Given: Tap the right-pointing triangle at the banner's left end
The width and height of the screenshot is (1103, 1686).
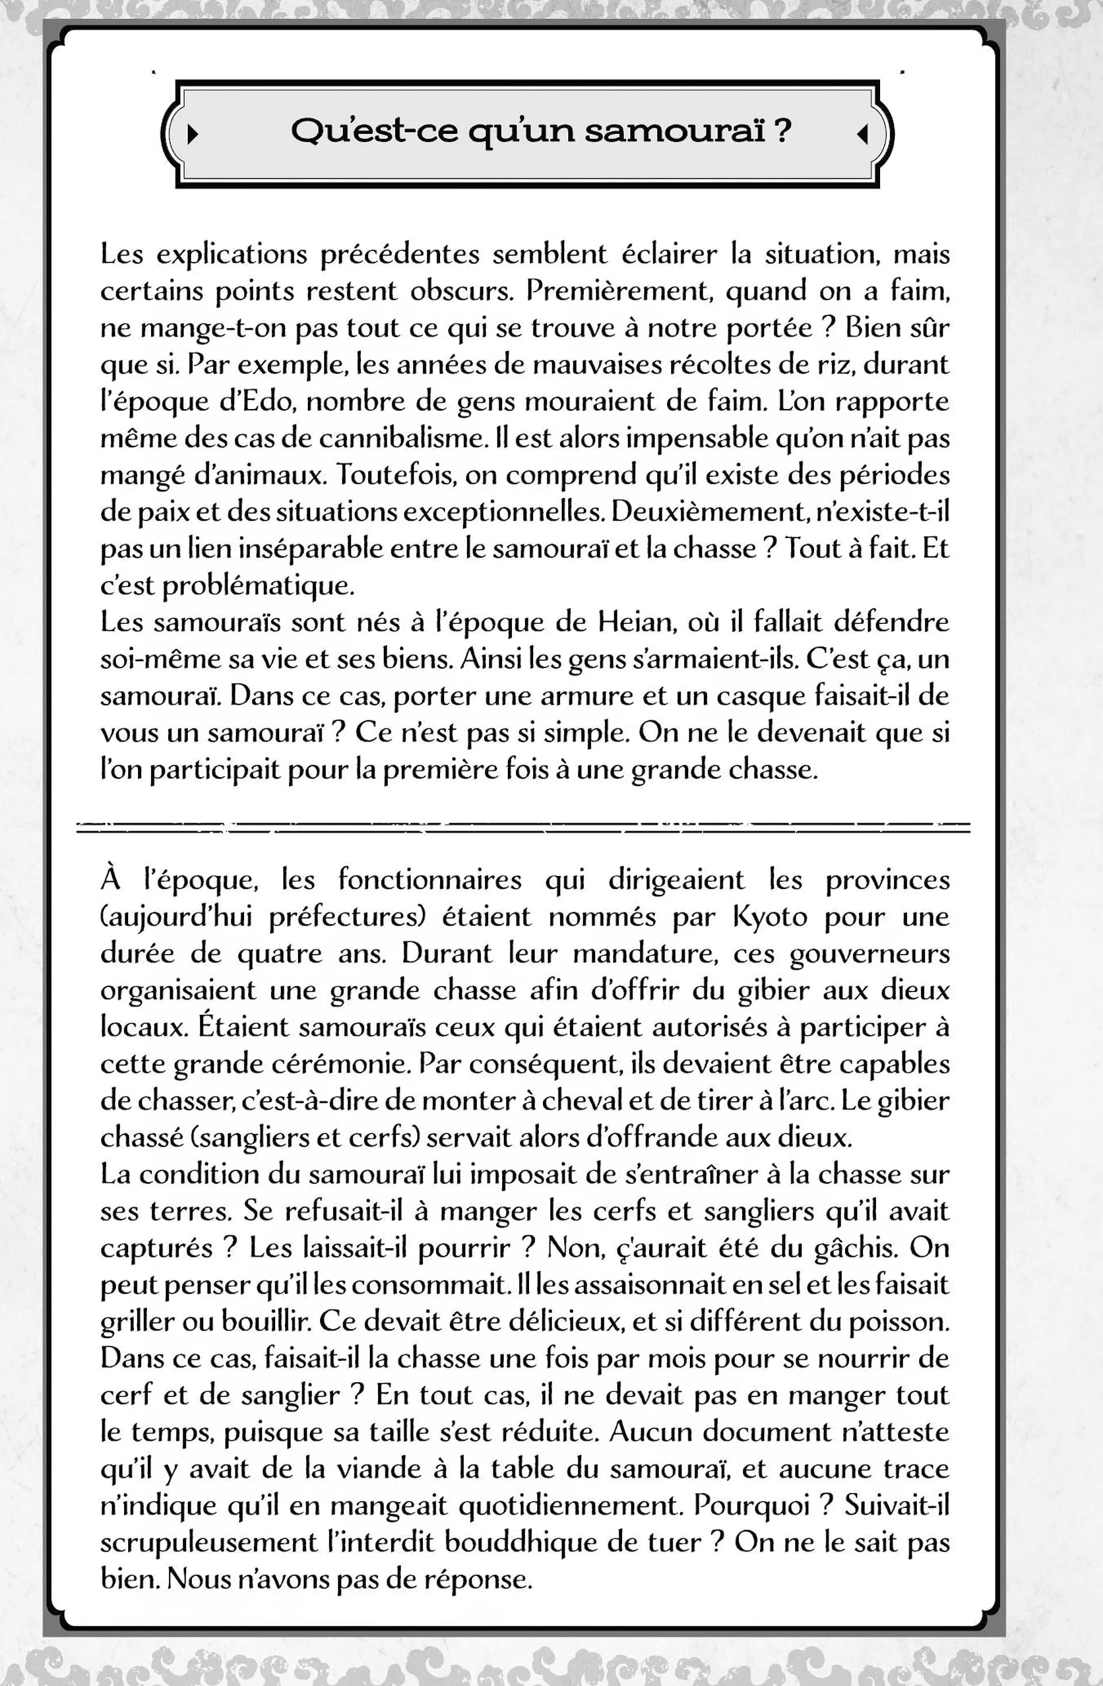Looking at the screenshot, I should (192, 134).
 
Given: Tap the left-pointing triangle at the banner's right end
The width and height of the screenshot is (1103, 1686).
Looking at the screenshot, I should (862, 134).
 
